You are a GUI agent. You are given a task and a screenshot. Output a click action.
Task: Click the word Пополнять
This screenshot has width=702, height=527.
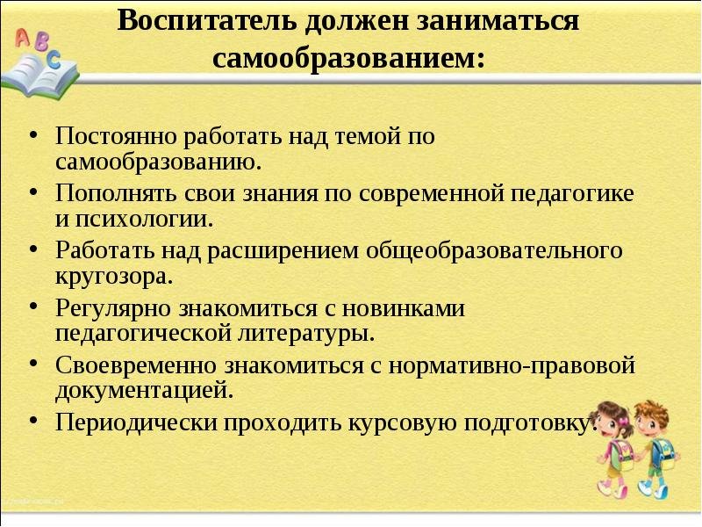tap(116, 192)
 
